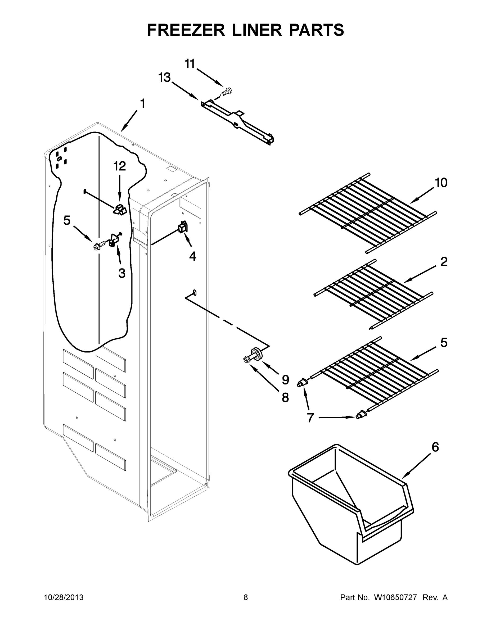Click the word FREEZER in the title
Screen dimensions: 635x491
186,30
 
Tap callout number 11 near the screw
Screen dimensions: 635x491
190,64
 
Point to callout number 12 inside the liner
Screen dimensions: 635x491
119,166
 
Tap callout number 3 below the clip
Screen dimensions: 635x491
121,273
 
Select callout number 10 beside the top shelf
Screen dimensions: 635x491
441,183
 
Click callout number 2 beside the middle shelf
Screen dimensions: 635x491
444,262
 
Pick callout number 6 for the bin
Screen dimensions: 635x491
435,447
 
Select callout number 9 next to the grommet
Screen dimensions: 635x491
285,380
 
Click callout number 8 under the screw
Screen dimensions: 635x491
285,397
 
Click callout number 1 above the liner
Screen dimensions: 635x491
142,104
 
